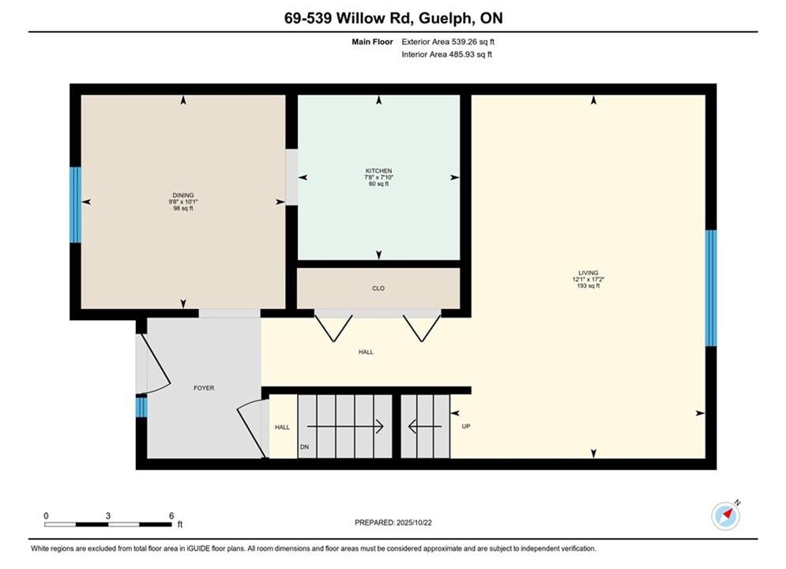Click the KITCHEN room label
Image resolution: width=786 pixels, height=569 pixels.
tap(378, 171)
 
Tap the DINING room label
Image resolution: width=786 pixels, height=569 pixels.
tap(183, 195)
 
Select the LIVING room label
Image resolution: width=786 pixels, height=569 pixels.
tap(588, 273)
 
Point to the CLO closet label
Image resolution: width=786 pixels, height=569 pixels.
tap(378, 288)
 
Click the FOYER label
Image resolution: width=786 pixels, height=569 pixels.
tap(204, 388)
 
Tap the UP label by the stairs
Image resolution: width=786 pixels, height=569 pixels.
tap(466, 427)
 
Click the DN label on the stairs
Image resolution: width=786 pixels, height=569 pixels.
tap(304, 447)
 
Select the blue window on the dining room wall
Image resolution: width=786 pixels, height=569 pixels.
tap(75, 205)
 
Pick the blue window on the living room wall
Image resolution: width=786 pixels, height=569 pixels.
tap(711, 288)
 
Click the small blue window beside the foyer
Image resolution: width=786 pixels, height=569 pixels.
tap(142, 407)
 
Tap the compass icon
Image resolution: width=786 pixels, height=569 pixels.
tap(726, 515)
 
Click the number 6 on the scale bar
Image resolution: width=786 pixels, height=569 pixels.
tap(171, 516)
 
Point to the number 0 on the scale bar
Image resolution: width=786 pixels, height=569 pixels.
tap(46, 516)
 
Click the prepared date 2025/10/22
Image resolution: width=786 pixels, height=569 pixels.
tap(414, 522)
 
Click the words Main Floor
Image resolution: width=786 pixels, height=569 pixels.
tap(372, 42)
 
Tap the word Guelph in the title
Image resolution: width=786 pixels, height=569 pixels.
tap(445, 18)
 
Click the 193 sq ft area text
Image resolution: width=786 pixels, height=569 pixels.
tap(588, 286)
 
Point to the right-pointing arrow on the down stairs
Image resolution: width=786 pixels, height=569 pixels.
tap(345, 427)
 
